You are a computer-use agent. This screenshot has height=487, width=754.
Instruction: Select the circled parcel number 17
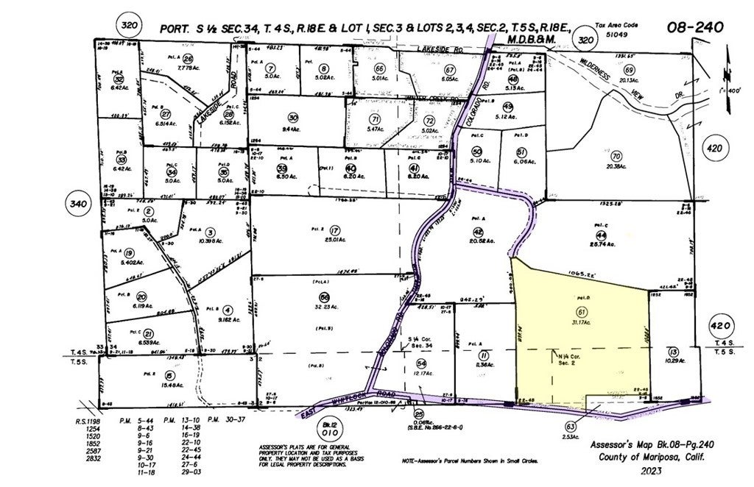[x=335, y=230]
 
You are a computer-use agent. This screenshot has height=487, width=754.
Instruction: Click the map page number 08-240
[x=695, y=27]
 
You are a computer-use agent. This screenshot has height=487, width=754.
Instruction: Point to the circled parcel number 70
[x=616, y=156]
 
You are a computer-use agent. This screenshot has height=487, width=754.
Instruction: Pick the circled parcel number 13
[x=673, y=352]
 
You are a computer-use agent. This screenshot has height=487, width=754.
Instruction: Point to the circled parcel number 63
[x=570, y=426]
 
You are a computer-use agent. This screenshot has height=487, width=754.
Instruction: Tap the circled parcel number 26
[x=188, y=59]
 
